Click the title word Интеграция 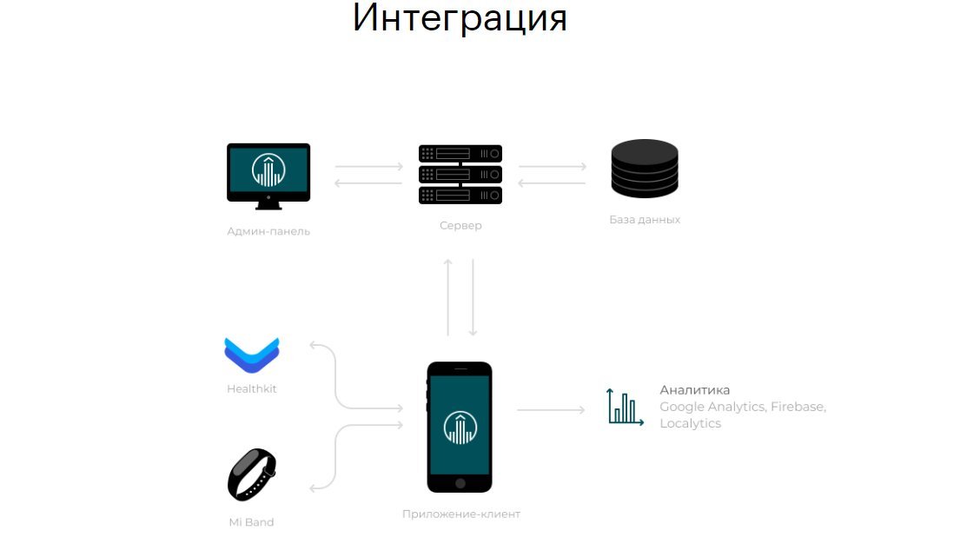coord(460,18)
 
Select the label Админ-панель coord(268,232)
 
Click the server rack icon coord(460,174)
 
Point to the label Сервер coord(460,226)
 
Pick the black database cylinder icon coord(645,168)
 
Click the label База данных coord(645,220)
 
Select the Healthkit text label coord(252,389)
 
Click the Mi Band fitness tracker coord(252,474)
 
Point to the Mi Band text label coord(251,522)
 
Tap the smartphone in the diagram coord(460,427)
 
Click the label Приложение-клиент coord(461,514)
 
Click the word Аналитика coord(695,390)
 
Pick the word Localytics coord(691,424)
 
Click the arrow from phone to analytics coord(552,409)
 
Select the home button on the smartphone coord(460,482)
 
